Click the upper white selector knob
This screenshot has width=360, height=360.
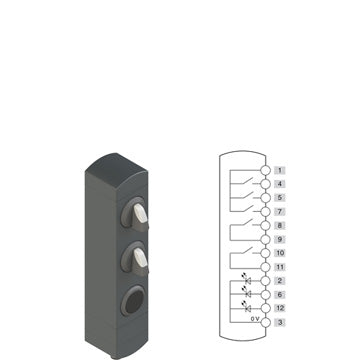click(x=140, y=213)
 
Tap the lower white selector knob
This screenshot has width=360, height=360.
click(x=140, y=258)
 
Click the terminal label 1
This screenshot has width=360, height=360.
click(x=280, y=170)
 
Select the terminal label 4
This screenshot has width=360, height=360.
click(x=280, y=184)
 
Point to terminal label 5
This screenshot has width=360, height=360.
click(x=280, y=198)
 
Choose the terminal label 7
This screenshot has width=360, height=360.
click(x=280, y=212)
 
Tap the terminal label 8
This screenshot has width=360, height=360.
click(x=280, y=226)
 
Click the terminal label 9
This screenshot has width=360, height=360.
click(x=280, y=239)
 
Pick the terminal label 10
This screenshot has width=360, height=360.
click(x=280, y=253)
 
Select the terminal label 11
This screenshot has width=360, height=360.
click(x=280, y=267)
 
